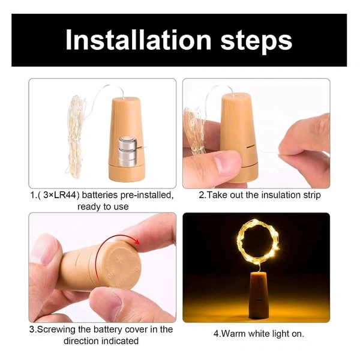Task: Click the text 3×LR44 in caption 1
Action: tap(62, 196)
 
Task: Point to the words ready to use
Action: tap(103, 207)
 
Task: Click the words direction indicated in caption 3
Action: tap(101, 340)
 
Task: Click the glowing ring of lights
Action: tap(257, 243)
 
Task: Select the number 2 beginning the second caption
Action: tap(202, 195)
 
